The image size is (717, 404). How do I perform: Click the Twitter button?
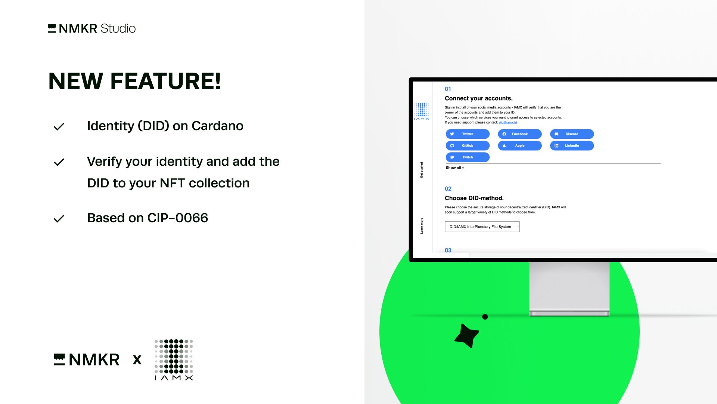[x=468, y=134]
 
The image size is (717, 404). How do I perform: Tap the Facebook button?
[x=519, y=134]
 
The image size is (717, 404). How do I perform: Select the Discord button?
[x=572, y=134]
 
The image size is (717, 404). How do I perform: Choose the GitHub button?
[x=468, y=146]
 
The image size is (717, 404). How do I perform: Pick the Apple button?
[x=519, y=146]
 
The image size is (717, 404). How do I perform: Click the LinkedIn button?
[x=572, y=146]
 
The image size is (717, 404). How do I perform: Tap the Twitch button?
[x=468, y=157]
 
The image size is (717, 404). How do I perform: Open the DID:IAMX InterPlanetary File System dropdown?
[x=482, y=227]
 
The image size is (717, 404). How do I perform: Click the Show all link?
[x=455, y=168]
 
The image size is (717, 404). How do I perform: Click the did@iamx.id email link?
[x=508, y=122]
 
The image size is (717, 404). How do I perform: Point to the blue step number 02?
[x=448, y=189]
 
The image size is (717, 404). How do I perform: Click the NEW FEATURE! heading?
[x=135, y=81]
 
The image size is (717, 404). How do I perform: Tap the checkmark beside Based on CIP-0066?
[x=59, y=218]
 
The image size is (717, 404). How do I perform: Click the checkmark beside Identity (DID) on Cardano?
[x=59, y=127]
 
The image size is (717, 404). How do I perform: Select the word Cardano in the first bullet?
[x=217, y=126]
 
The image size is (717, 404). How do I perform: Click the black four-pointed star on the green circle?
[x=466, y=336]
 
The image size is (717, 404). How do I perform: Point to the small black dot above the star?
[x=485, y=317]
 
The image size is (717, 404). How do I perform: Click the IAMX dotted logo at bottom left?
[x=174, y=360]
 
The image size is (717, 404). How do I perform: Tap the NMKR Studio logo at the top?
[x=92, y=28]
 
